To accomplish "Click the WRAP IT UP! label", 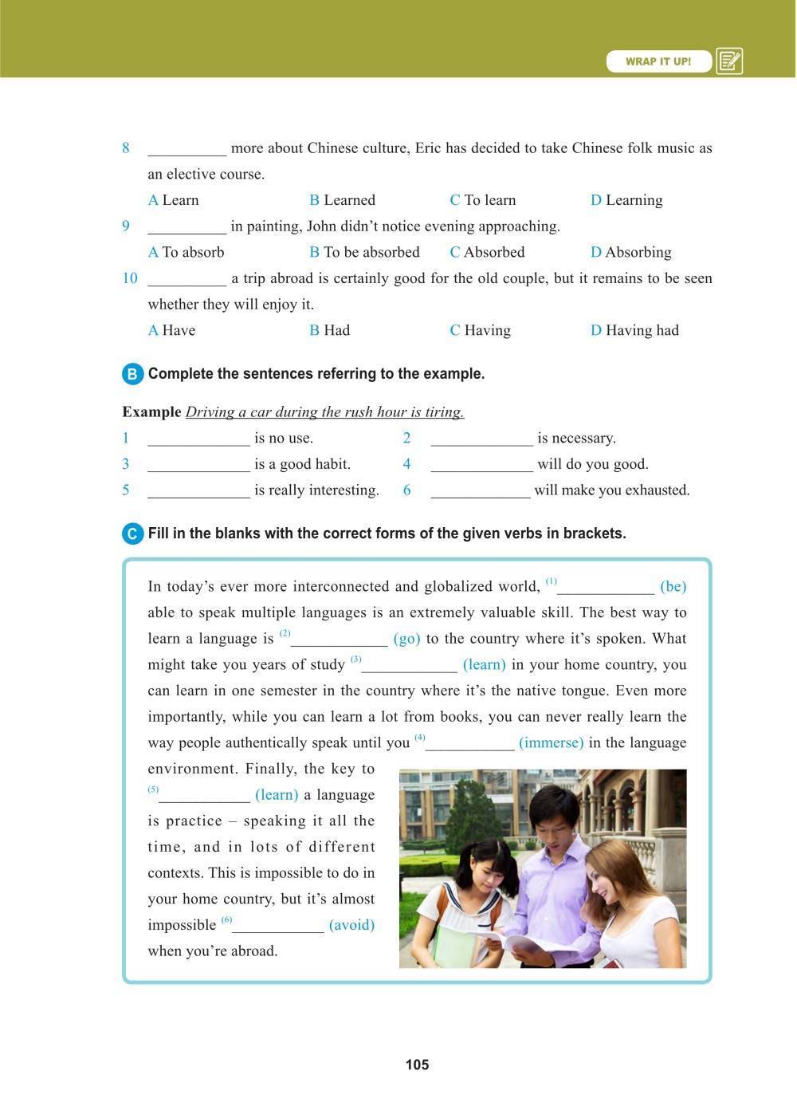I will coord(658,61).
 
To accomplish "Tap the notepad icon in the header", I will coord(729,61).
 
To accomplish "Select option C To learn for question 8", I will coord(483,200).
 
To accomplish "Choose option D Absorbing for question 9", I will coord(631,252).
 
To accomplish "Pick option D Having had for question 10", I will coord(634,330).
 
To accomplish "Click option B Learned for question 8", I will coord(343,200).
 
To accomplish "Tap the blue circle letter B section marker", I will coord(132,374).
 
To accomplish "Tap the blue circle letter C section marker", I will coord(132,533).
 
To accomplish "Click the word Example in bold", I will coord(151,412).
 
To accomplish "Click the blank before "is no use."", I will coord(198,439).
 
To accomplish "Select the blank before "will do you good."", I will coord(481,465).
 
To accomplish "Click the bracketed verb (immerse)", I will coord(551,742).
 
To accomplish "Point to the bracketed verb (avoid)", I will coord(351,925).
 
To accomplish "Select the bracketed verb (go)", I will coord(406,639).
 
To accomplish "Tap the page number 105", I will coord(417,1065).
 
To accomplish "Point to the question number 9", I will coord(126,226).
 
